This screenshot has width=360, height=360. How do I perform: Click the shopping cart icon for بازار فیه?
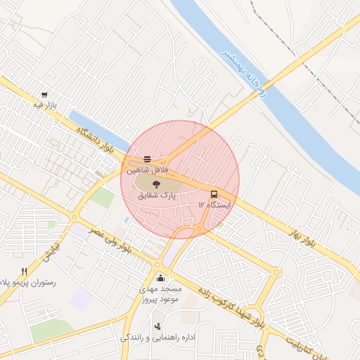(46, 94)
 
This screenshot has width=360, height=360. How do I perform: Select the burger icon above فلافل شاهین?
(147, 159)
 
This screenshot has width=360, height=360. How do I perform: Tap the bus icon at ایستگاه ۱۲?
(213, 193)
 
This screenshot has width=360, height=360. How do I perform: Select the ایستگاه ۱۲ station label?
(214, 204)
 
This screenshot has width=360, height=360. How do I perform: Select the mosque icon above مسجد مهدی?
(162, 278)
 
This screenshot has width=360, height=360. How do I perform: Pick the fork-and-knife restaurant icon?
(23, 271)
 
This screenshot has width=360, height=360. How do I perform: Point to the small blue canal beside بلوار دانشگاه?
(98, 129)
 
